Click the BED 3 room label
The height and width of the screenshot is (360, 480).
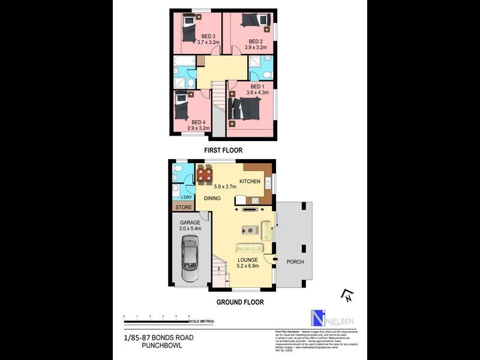[208, 36]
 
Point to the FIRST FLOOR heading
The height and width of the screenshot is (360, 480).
[223, 150]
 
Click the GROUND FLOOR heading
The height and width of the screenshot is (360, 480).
[239, 302]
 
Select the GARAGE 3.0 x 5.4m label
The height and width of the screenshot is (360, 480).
[187, 226]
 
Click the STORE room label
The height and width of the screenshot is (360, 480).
[184, 208]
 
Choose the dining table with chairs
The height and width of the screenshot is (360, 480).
[205, 175]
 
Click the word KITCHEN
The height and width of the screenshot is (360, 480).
[250, 181]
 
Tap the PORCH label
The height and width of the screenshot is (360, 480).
[295, 262]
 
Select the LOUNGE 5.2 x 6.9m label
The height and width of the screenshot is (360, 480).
[247, 263]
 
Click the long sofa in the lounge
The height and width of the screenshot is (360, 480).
[248, 247]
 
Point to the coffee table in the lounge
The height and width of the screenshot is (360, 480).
[248, 229]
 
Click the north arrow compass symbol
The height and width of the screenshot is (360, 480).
[346, 295]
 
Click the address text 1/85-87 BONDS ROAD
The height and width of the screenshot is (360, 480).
[154, 338]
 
